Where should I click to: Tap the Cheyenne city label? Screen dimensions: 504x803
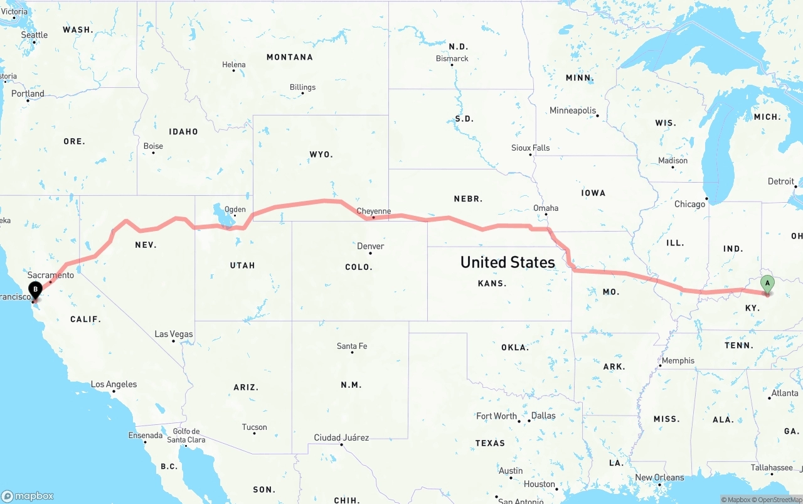pyautogui.click(x=373, y=211)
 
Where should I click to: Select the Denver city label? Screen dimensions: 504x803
pyautogui.click(x=370, y=246)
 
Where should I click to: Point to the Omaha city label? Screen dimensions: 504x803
pyautogui.click(x=545, y=208)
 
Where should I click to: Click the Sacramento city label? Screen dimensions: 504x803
pyautogui.click(x=51, y=275)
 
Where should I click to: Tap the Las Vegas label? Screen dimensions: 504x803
pyautogui.click(x=174, y=334)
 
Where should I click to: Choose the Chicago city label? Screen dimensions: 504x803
pyautogui.click(x=689, y=204)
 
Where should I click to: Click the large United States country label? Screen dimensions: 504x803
pyautogui.click(x=508, y=262)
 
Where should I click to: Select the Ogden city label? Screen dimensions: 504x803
pyautogui.click(x=235, y=210)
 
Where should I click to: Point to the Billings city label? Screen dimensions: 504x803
pyautogui.click(x=302, y=87)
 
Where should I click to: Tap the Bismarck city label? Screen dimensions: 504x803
pyautogui.click(x=452, y=58)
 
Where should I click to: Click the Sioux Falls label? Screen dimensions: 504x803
pyautogui.click(x=530, y=147)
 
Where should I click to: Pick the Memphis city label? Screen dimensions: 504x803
pyautogui.click(x=678, y=360)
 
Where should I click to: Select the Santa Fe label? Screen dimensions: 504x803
pyautogui.click(x=351, y=346)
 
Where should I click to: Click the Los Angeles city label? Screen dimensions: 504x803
pyautogui.click(x=114, y=384)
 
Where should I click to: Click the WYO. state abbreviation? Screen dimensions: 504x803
pyautogui.click(x=321, y=154)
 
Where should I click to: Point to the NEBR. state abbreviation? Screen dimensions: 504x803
pyautogui.click(x=468, y=198)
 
